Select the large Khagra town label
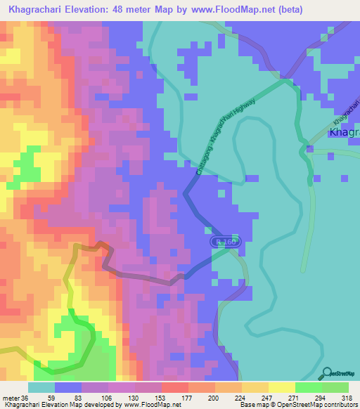tap(345, 134)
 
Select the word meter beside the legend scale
tap(12, 397)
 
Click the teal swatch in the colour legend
tap(41, 387)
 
